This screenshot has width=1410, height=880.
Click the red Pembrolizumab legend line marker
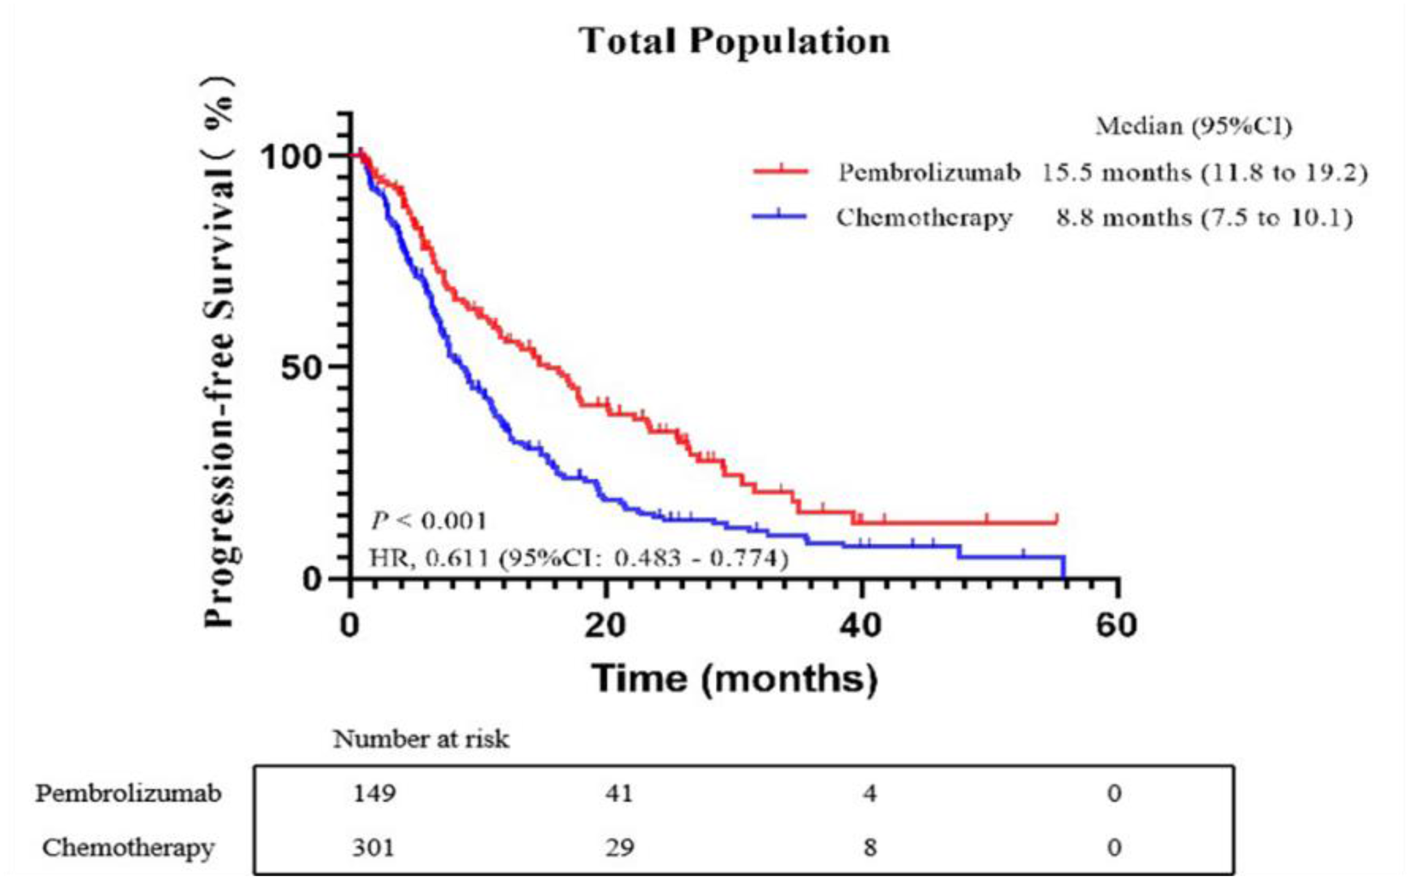coord(780,171)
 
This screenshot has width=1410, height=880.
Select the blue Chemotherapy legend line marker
coord(779,216)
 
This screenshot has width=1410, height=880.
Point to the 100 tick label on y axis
coord(291,157)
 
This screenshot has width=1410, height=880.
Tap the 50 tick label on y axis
coord(301,368)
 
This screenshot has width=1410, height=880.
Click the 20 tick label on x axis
coord(606,626)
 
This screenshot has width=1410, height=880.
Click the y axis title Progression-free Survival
coord(220,352)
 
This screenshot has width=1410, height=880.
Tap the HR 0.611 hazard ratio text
coord(579,558)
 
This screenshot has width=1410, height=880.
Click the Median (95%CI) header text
coord(1194,126)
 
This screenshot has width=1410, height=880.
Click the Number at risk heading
coord(421,739)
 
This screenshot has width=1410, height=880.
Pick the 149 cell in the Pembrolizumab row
coord(374,793)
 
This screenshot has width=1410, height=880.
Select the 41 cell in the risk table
coord(619,793)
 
